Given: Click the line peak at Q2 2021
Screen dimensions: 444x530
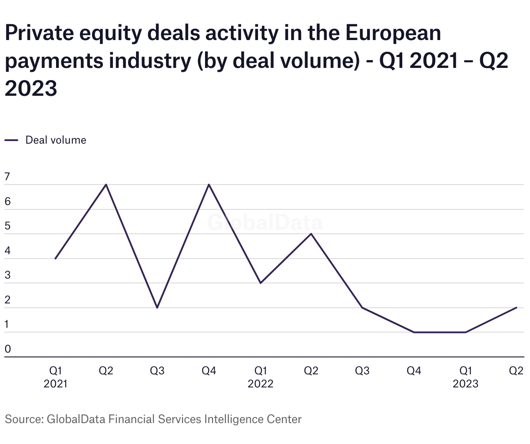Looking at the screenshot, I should click(106, 185).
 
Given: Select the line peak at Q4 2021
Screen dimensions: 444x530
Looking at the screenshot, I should click(209, 185).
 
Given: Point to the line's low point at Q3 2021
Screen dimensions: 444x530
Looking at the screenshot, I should click(157, 308).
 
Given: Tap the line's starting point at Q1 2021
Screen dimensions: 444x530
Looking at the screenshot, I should click(55, 259).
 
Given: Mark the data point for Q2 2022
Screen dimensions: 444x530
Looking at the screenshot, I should click(311, 234).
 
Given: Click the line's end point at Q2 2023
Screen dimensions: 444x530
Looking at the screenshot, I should click(517, 308).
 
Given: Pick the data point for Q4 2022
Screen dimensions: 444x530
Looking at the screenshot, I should click(414, 332).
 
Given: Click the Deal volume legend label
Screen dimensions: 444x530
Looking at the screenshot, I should click(56, 140).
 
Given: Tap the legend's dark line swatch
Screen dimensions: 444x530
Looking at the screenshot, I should click(11, 140).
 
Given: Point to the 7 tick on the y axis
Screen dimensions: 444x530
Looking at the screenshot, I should click(7, 177).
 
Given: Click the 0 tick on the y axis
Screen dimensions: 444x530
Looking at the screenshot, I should click(7, 349).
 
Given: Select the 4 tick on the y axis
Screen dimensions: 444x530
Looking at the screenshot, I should click(7, 251).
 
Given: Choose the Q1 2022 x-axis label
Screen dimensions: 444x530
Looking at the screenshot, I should click(260, 377).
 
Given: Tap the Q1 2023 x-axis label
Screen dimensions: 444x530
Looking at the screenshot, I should click(465, 377).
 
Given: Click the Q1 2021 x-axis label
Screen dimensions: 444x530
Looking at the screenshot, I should click(55, 377).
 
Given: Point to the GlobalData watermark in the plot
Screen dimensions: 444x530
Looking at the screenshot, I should click(265, 222).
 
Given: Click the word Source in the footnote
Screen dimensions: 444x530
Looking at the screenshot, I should click(23, 419).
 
